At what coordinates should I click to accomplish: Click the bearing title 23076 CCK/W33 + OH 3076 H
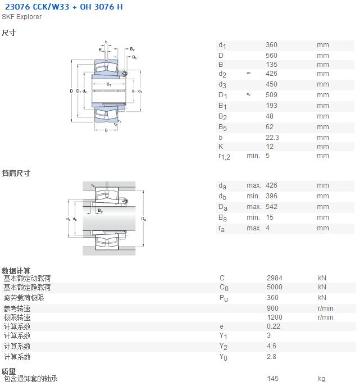click(63, 7)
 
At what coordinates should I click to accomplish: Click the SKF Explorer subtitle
click(22, 17)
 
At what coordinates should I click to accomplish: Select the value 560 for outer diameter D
click(271, 56)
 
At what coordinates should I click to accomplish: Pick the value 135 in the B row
click(271, 65)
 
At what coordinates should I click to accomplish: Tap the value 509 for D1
click(271, 95)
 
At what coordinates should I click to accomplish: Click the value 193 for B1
click(271, 106)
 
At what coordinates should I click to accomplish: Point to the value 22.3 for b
click(272, 137)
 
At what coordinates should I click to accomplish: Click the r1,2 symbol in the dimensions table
click(225, 156)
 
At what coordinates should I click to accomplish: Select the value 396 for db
click(271, 196)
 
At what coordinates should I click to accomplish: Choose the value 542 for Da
click(271, 207)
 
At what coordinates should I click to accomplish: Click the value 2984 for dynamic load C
click(275, 278)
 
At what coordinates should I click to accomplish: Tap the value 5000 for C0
click(275, 287)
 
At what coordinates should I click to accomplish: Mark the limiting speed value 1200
click(275, 317)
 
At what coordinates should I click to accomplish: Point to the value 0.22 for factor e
click(274, 326)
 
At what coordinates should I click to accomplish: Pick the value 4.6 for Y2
click(271, 346)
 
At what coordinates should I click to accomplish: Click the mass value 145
click(272, 378)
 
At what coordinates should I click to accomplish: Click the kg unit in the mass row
click(321, 379)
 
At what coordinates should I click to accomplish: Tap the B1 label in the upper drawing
click(109, 84)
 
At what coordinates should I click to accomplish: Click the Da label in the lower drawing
click(144, 219)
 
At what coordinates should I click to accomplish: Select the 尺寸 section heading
click(8, 33)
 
